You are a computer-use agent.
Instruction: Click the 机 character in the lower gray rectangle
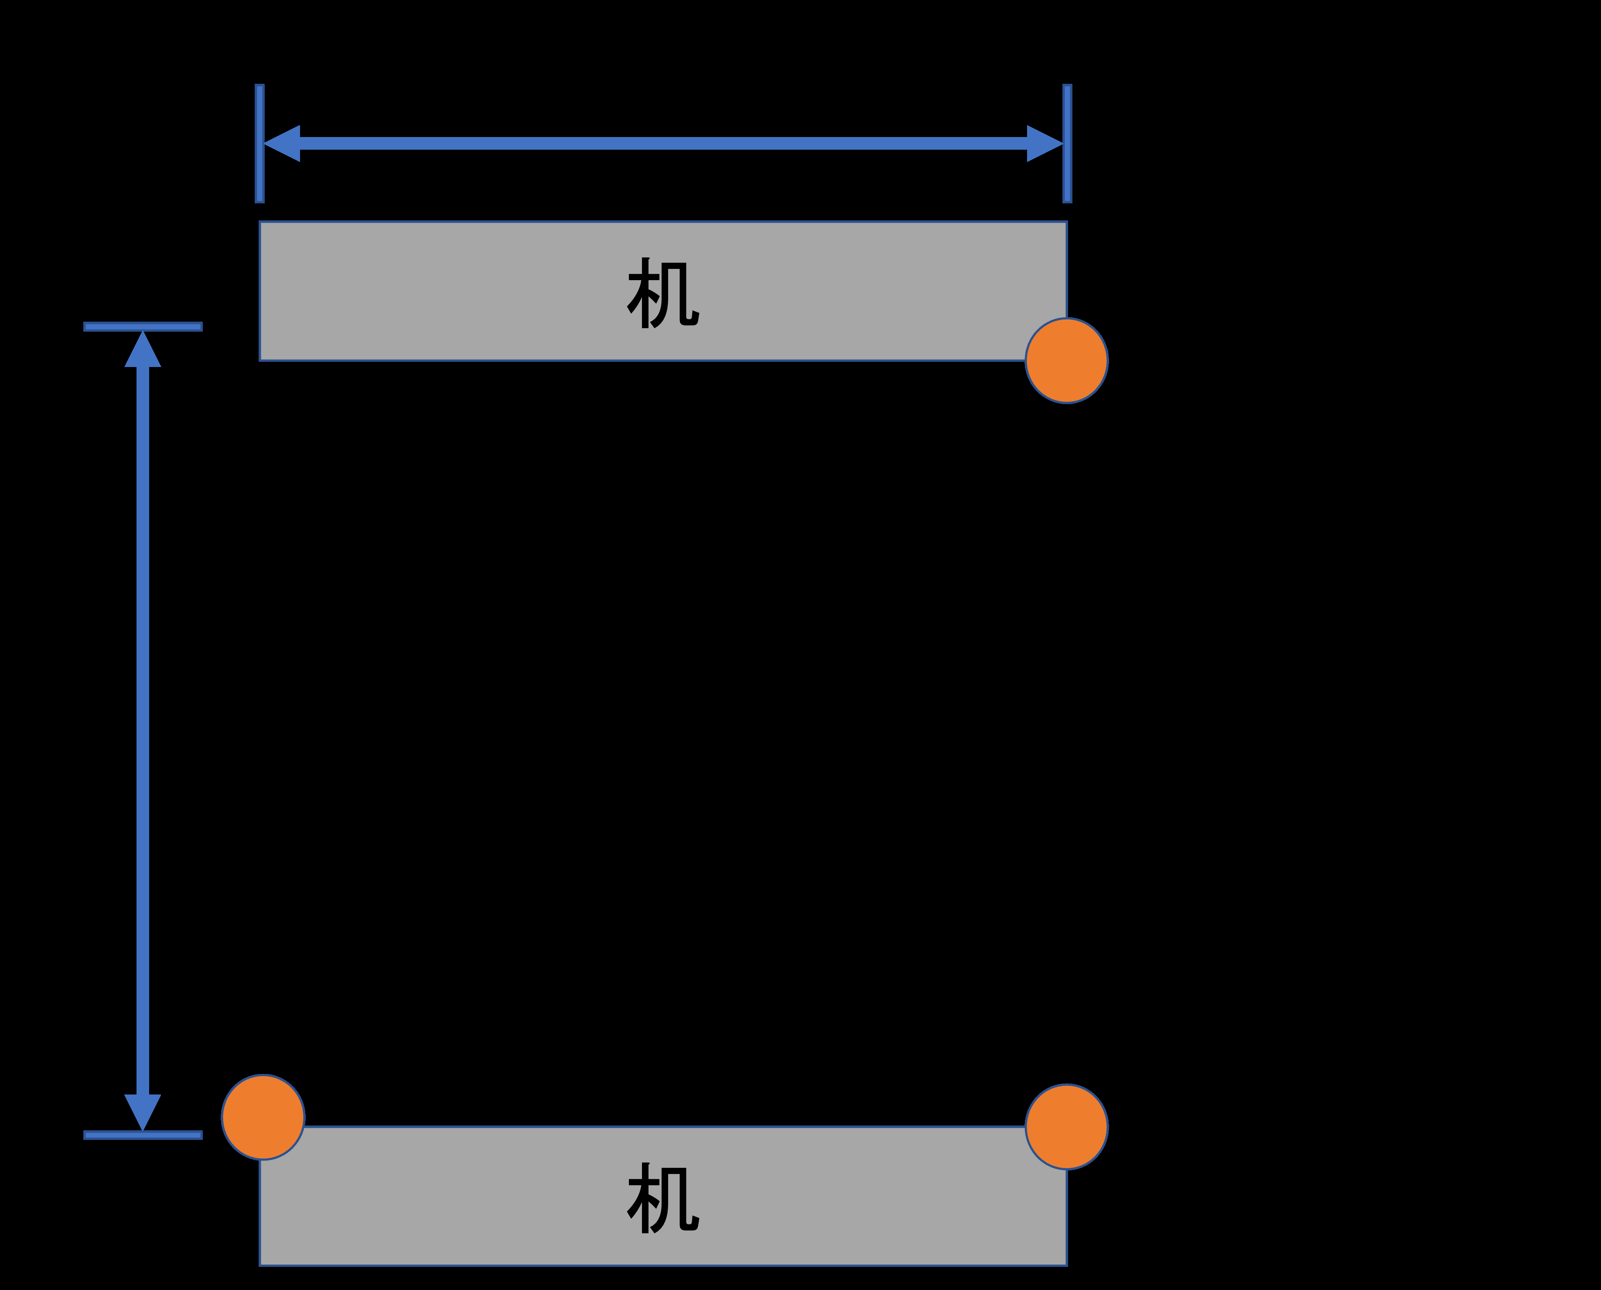coord(663,1198)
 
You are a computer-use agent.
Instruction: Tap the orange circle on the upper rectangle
coord(1066,360)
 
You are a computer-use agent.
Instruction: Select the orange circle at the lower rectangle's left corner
coord(263,1117)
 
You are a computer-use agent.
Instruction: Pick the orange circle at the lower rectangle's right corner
coord(1066,1126)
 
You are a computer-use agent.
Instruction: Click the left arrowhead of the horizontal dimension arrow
coord(282,144)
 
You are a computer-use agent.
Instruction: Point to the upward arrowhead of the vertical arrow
coord(143,349)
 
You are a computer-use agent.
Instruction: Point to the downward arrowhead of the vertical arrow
coord(143,1112)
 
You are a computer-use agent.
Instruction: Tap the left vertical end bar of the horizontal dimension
coord(259,144)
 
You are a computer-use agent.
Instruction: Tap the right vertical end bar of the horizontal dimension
coord(1067,144)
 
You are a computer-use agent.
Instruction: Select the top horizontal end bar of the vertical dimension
coord(143,326)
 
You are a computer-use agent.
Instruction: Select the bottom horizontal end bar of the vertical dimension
coord(143,1135)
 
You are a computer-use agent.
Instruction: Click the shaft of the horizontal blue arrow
coord(663,144)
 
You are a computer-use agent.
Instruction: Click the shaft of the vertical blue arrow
coord(143,731)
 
